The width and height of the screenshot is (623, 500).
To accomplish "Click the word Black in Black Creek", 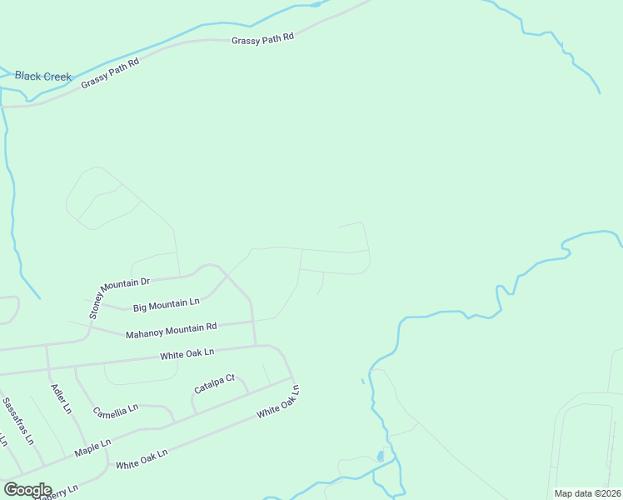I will (27, 77).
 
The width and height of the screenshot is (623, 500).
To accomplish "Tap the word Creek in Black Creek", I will (57, 77).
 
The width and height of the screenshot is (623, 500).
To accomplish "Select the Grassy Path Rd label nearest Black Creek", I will (109, 72).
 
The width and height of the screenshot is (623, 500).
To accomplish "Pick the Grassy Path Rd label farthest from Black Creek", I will (263, 38).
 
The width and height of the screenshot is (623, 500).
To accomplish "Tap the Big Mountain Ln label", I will (167, 305).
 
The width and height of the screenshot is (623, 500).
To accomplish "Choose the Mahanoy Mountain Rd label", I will (171, 330).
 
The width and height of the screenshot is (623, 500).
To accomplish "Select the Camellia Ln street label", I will (115, 410).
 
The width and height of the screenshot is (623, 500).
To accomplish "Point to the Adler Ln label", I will (61, 398).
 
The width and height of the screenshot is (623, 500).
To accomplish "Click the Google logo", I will (27, 490).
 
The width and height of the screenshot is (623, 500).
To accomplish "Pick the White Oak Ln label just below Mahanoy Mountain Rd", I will (187, 354).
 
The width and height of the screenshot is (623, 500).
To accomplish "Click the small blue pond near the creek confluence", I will (380, 457).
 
